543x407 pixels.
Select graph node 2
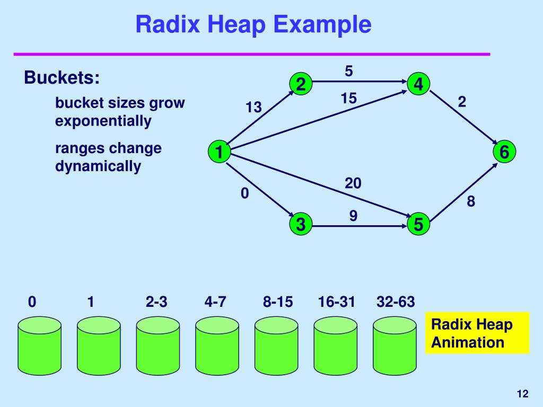coord(301,84)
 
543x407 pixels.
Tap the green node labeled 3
coord(301,224)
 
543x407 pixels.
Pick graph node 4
coord(419,84)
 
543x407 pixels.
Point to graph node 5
coord(419,224)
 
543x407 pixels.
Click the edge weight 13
coord(253,108)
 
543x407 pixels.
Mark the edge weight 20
coord(353,183)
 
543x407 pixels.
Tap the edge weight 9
coord(353,216)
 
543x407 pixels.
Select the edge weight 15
coord(349,99)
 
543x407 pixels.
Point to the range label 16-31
coord(336,302)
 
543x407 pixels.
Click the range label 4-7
coord(215,302)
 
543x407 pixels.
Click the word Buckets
coord(62,78)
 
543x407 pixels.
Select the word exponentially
coord(103,121)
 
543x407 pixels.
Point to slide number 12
coord(522,393)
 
